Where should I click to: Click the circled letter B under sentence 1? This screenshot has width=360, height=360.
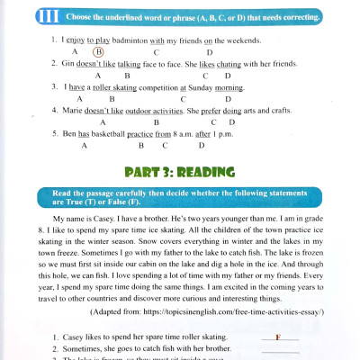pyautogui.click(x=100, y=52)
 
